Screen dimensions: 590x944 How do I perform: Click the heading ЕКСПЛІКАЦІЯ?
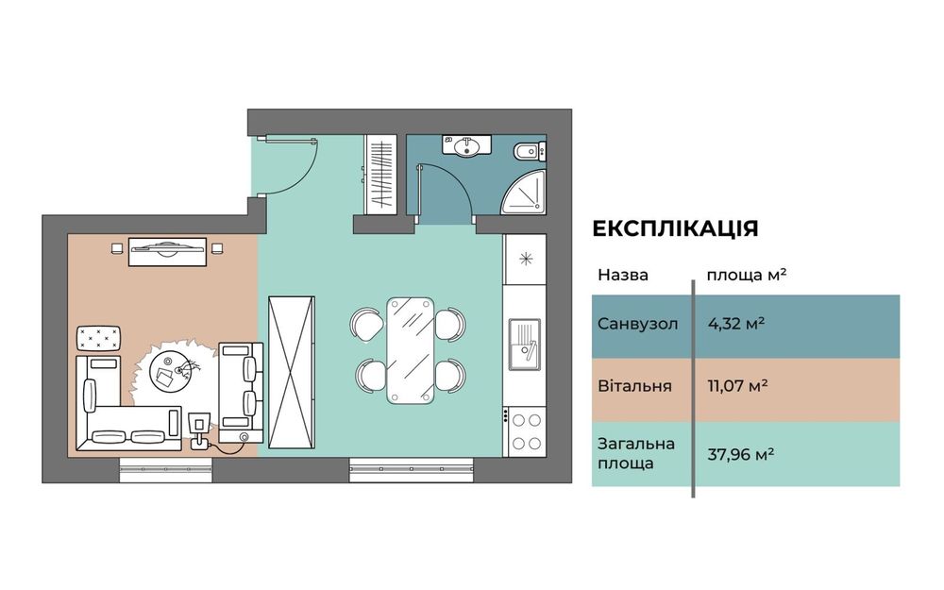pos(675,229)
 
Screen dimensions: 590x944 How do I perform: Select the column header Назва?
pos(623,276)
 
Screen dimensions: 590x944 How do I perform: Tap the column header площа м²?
pos(748,276)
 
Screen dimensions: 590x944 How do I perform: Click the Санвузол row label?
pos(637,324)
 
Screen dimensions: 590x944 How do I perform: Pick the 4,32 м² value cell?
pos(736,324)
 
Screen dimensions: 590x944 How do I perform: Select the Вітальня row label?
pos(634,386)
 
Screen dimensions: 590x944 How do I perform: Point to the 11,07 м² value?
pos(737,386)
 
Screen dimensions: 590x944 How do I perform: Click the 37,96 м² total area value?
pos(741,453)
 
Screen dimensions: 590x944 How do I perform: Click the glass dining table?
pos(410,349)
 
